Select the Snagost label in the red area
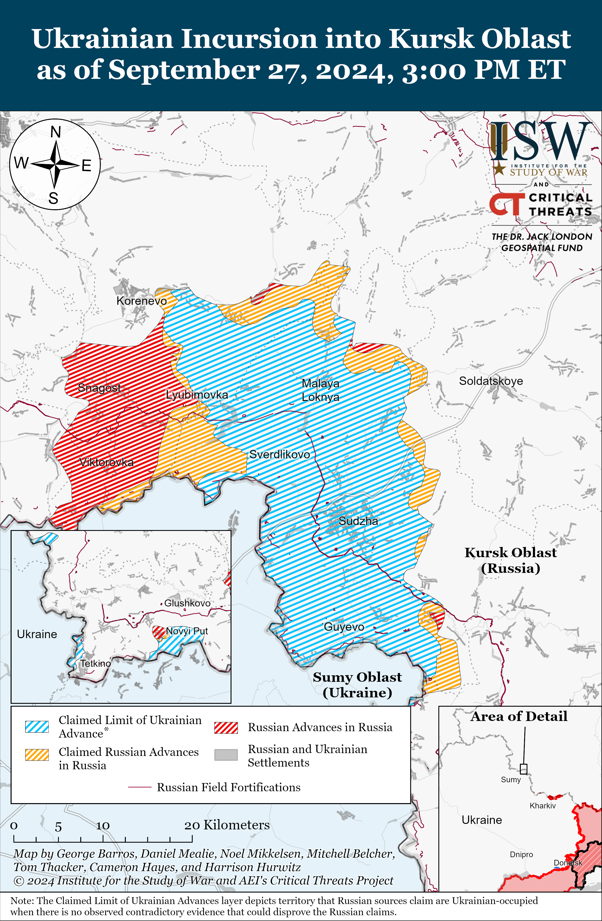click(99, 387)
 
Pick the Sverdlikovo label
click(279, 454)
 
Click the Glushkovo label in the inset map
click(187, 603)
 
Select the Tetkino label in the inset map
click(95, 663)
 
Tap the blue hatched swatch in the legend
click(37, 727)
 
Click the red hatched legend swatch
click(226, 728)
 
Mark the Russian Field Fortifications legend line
click(140, 787)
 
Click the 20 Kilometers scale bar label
click(226, 825)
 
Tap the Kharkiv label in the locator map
click(543, 806)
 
